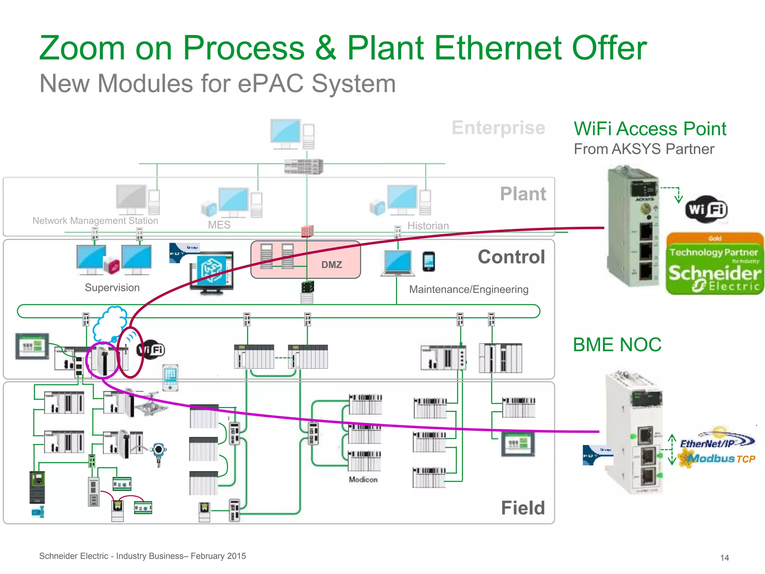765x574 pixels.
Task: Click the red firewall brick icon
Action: tap(307, 231)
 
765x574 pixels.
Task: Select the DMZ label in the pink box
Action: tap(331, 265)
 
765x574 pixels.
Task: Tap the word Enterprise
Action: tap(498, 128)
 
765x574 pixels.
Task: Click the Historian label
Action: tap(428, 226)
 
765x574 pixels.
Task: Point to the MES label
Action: tap(219, 225)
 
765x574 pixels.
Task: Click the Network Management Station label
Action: tap(95, 220)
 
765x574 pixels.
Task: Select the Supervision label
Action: tap(112, 288)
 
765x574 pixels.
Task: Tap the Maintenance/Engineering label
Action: tap(468, 289)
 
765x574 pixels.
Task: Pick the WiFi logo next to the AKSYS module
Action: tap(706, 210)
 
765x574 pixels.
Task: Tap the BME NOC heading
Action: tap(617, 345)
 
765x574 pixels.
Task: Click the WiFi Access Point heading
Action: tap(650, 129)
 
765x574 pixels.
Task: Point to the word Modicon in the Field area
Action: tap(363, 479)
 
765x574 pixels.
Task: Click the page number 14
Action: tap(724, 558)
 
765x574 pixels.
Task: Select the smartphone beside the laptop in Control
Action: tap(429, 262)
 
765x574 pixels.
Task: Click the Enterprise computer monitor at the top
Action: tap(286, 132)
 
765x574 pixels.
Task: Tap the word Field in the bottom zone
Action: tap(523, 508)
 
